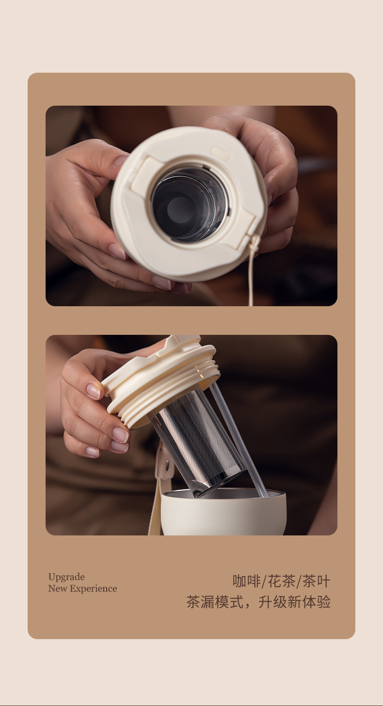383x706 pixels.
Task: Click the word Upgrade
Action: [x=66, y=577]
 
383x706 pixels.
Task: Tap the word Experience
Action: [x=93, y=588]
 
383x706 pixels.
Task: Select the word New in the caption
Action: [x=58, y=588]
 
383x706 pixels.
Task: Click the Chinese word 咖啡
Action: [x=247, y=581]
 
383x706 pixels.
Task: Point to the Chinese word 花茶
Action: [x=282, y=581]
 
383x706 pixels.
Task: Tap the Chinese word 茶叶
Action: [x=316, y=581]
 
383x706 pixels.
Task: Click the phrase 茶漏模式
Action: [x=215, y=602]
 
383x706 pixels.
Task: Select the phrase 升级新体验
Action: [x=294, y=602]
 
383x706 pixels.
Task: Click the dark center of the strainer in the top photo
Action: [x=180, y=209]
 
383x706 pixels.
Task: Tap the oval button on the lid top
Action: [x=220, y=153]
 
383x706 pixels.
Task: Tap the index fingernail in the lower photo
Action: [x=93, y=391]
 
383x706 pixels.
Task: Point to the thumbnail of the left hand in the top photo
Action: [x=120, y=161]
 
